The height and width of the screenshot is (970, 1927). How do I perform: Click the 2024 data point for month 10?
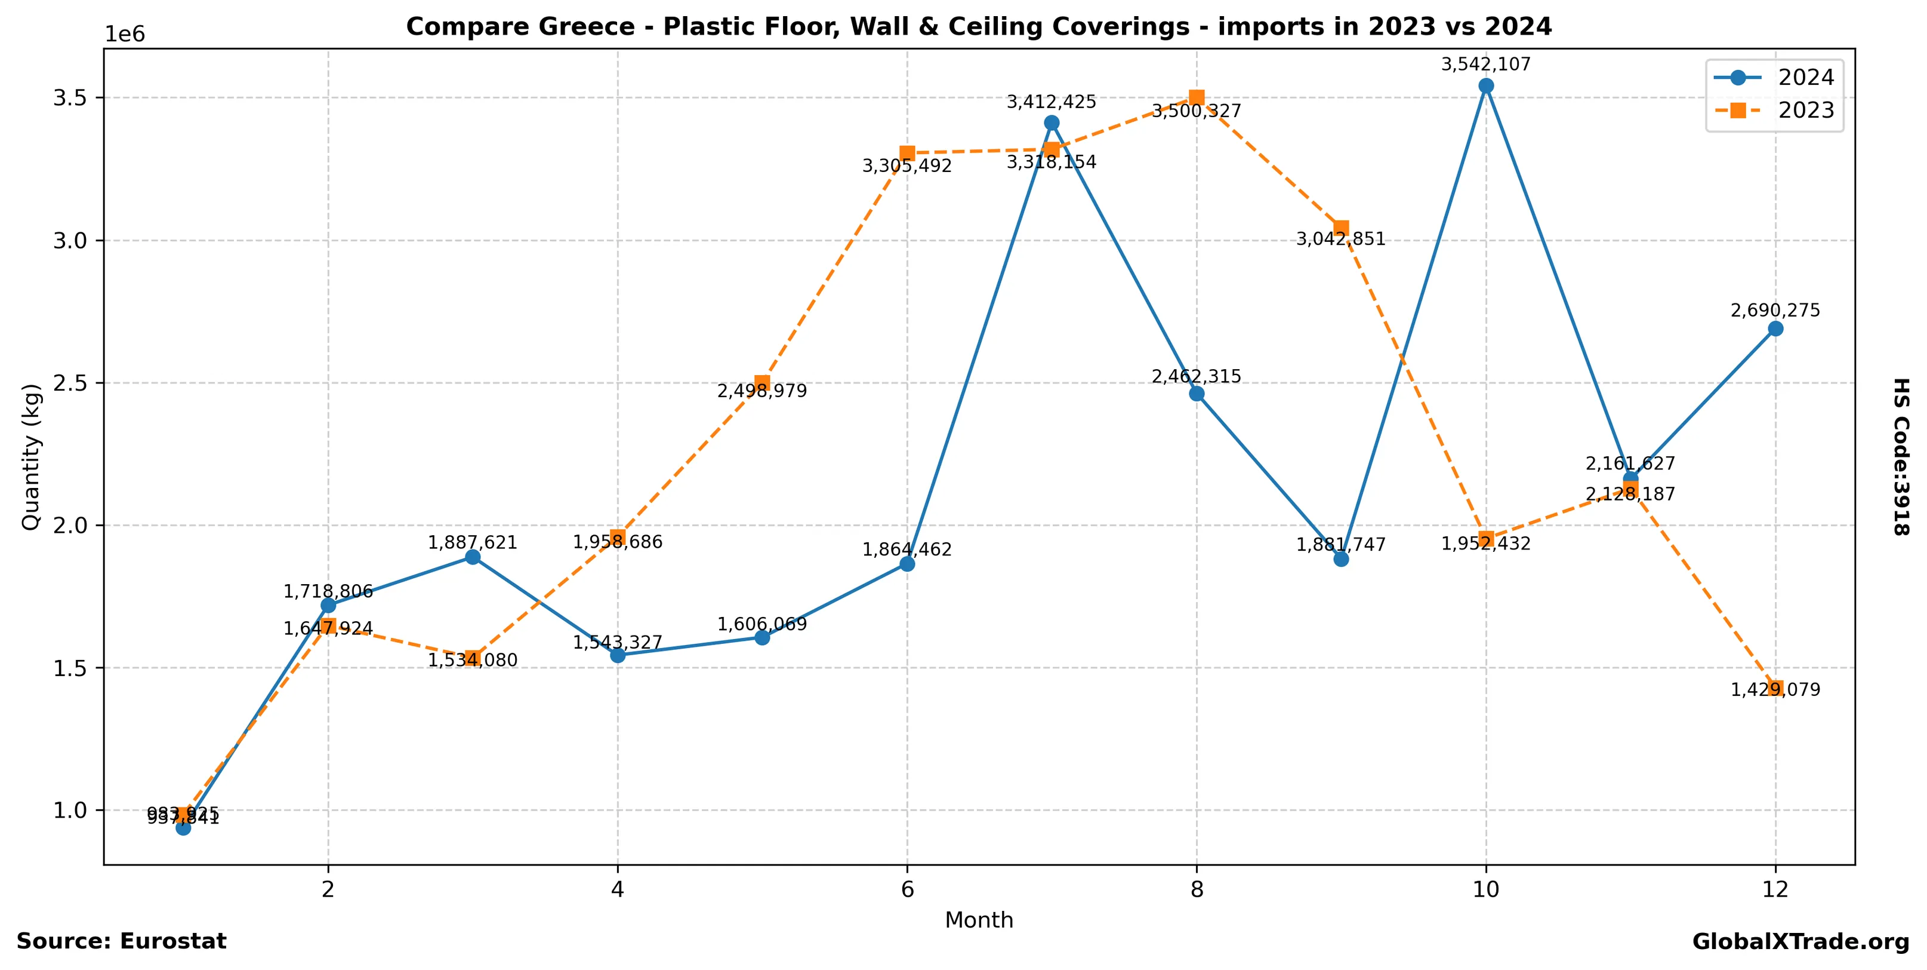(1485, 85)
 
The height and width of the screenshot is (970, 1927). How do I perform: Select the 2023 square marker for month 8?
(1196, 97)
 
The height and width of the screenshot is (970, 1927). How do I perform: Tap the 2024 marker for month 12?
(1775, 329)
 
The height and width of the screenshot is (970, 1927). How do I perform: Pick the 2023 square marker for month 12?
(1775, 688)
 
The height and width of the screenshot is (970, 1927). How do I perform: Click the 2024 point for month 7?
(1052, 123)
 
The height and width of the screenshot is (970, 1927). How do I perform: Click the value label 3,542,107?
(1485, 65)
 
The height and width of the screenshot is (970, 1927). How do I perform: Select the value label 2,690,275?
(1775, 311)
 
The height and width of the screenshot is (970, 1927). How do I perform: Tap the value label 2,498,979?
(762, 391)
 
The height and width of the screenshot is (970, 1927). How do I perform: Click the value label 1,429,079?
(1775, 690)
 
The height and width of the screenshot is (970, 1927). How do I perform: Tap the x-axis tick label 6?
(907, 889)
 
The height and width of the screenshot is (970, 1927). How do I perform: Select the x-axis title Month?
(979, 920)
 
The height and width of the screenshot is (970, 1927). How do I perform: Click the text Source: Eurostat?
(121, 941)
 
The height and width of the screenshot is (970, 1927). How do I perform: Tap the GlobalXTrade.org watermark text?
(1800, 941)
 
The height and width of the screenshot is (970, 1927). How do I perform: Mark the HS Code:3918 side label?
(1901, 456)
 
